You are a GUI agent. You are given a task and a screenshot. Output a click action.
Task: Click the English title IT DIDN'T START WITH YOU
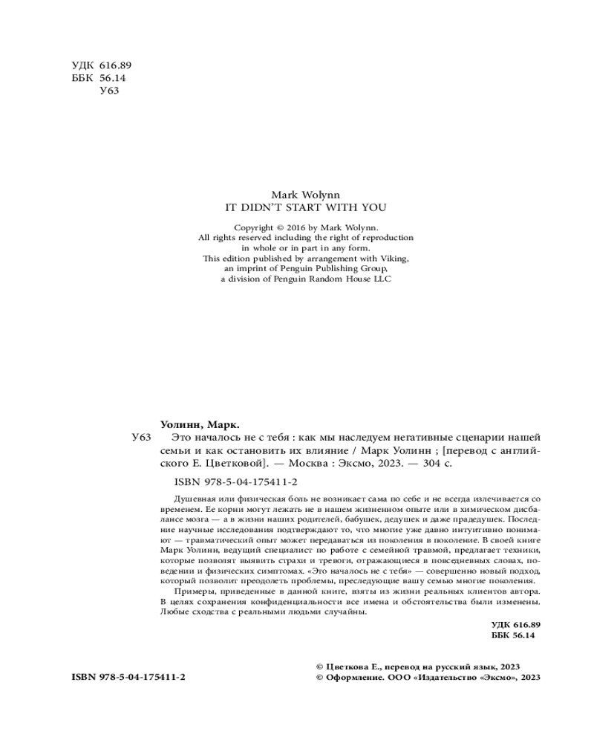click(x=306, y=208)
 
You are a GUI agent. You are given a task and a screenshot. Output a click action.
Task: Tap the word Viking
click(x=393, y=259)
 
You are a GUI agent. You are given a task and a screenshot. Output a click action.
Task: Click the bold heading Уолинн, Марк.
click(x=200, y=425)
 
